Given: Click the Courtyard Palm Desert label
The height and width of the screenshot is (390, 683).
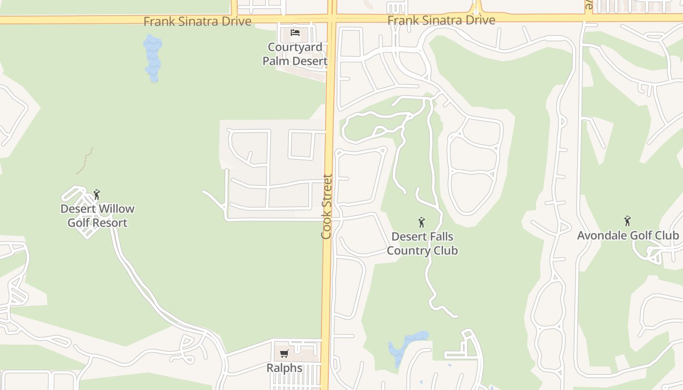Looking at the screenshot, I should tap(295, 54).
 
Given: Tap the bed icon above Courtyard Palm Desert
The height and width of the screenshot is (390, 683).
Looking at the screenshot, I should tap(295, 33).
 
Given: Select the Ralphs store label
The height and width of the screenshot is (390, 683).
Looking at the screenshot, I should tap(284, 368).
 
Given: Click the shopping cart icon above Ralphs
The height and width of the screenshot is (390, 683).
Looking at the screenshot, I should tap(284, 353).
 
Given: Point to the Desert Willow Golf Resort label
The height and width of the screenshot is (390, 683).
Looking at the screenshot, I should tap(97, 215).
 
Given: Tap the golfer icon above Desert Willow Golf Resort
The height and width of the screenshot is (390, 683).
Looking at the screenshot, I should tap(97, 195).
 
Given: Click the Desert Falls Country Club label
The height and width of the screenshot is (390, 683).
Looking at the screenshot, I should tap(422, 244).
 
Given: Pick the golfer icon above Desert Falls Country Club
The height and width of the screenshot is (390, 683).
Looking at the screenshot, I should tap(422, 223).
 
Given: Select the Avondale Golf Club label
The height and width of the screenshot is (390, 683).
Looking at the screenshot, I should tap(628, 235).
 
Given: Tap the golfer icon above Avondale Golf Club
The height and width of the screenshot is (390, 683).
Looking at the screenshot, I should tap(627, 221).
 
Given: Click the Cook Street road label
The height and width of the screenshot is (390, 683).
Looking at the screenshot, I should tap(326, 207).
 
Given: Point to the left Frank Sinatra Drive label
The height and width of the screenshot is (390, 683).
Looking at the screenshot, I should tap(197, 21).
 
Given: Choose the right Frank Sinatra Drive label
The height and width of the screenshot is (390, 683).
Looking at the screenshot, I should tap(441, 20).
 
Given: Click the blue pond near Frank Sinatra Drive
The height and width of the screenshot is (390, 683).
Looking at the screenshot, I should tap(153, 58).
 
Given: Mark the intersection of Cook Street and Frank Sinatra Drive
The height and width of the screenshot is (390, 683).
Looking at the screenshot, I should tap(332, 19).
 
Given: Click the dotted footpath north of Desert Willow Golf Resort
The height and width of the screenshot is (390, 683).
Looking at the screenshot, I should tap(85, 161).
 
